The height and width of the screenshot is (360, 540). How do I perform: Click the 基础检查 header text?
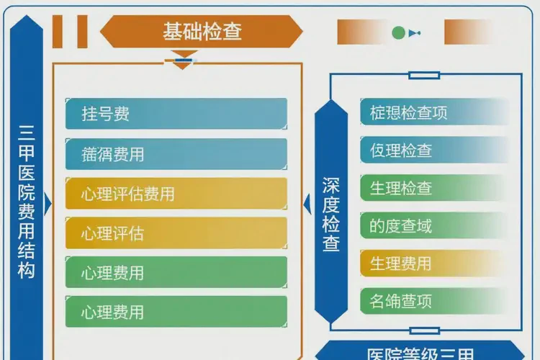(202, 32)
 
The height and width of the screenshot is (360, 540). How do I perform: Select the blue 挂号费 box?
(176, 114)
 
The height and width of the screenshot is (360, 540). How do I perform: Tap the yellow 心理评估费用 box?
(176, 194)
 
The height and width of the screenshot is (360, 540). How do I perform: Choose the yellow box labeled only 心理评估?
(176, 233)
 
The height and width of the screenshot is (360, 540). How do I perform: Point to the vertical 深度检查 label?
(330, 214)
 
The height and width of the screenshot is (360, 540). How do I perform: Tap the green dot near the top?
(398, 32)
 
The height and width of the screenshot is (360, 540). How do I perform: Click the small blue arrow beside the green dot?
(414, 33)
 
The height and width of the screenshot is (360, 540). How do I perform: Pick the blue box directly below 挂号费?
(176, 154)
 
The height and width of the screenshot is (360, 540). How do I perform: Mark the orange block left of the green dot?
(361, 32)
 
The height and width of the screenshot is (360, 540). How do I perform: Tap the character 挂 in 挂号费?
(90, 114)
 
